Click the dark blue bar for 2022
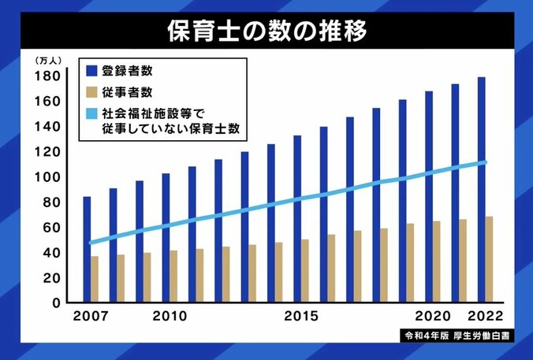481,189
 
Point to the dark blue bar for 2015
297,218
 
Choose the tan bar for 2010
173,276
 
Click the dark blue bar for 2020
429,196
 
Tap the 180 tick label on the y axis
47,76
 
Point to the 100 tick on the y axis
47,176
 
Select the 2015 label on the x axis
301,317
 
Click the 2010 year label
170,317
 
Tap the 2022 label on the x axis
485,317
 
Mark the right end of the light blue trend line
485,162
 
